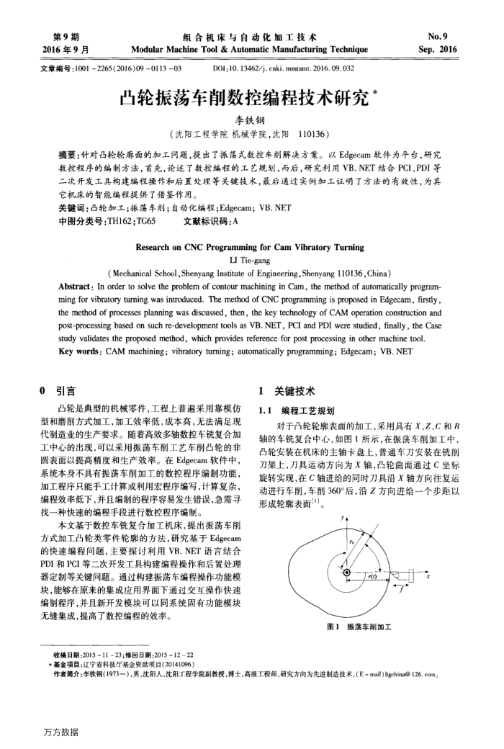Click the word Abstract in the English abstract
click(x=78, y=286)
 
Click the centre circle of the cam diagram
click(x=346, y=573)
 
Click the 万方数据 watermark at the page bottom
click(x=60, y=732)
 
